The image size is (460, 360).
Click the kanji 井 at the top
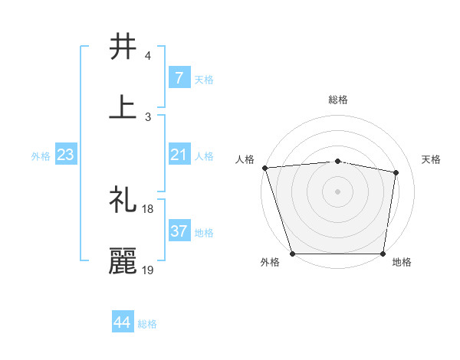[x=123, y=47]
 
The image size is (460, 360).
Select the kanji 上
[x=123, y=107]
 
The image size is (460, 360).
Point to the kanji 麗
[x=123, y=260]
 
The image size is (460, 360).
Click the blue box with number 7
[x=179, y=77]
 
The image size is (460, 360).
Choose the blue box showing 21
[x=179, y=155]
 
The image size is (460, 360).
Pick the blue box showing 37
[x=179, y=231]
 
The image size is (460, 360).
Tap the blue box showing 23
[x=66, y=155]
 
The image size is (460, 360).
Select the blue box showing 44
[x=123, y=322]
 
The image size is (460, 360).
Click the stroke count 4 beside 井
[x=148, y=56]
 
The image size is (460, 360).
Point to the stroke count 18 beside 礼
[x=148, y=208]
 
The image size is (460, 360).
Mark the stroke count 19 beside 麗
[x=148, y=270]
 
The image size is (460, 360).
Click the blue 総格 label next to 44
[x=147, y=324]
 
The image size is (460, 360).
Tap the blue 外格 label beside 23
[x=41, y=155]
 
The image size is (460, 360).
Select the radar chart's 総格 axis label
[x=338, y=100]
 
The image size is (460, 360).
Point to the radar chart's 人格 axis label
[x=245, y=159]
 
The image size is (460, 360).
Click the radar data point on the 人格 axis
[x=264, y=168]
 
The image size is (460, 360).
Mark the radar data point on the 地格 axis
[x=383, y=253]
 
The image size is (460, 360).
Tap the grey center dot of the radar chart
[x=338, y=191]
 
